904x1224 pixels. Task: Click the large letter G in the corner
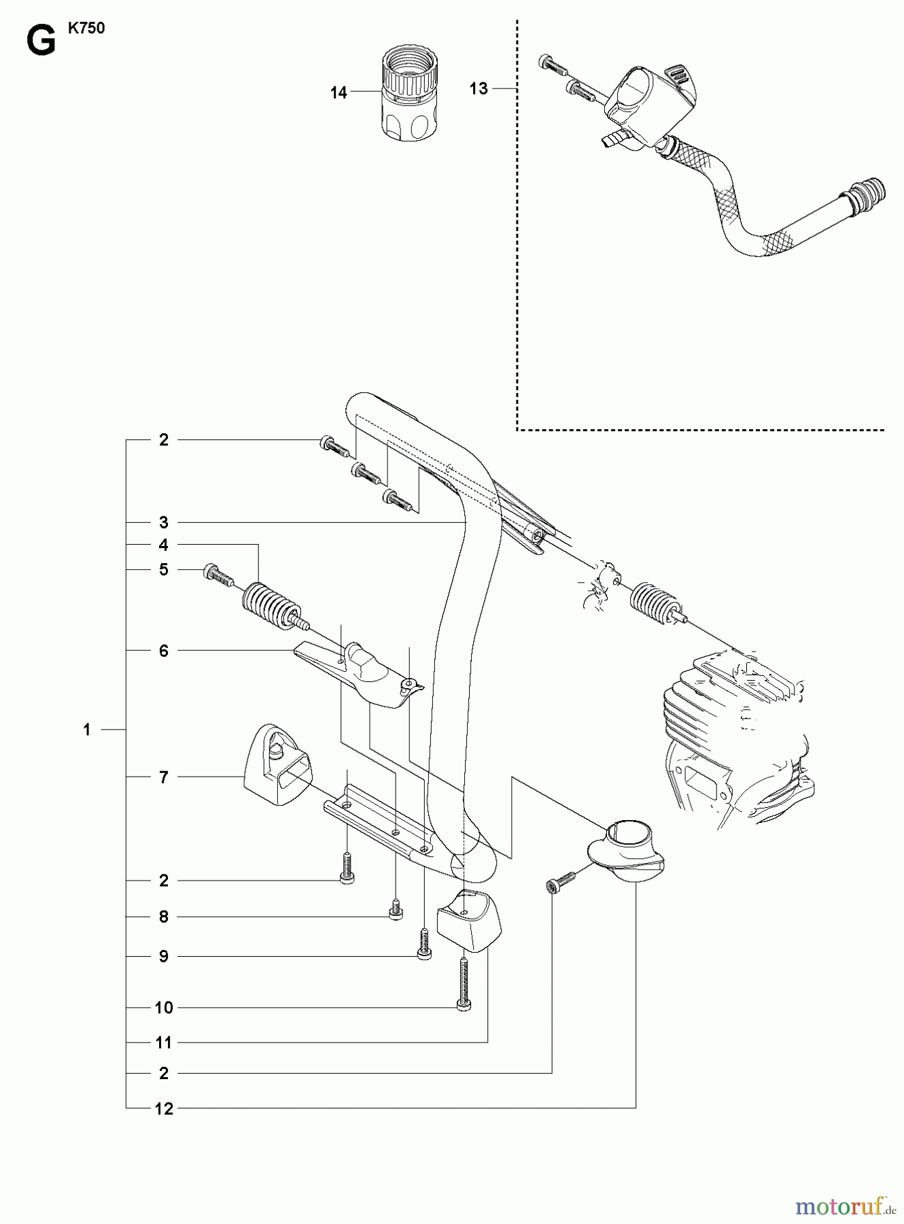point(40,42)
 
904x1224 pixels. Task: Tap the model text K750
point(86,29)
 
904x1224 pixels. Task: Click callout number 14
point(338,92)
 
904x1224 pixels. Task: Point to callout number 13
point(479,88)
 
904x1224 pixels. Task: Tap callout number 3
point(163,522)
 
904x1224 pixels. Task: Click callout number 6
point(163,651)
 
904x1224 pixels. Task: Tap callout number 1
point(87,730)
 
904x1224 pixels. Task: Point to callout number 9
point(163,956)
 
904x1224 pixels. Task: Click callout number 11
point(164,1042)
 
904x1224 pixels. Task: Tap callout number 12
point(164,1109)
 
